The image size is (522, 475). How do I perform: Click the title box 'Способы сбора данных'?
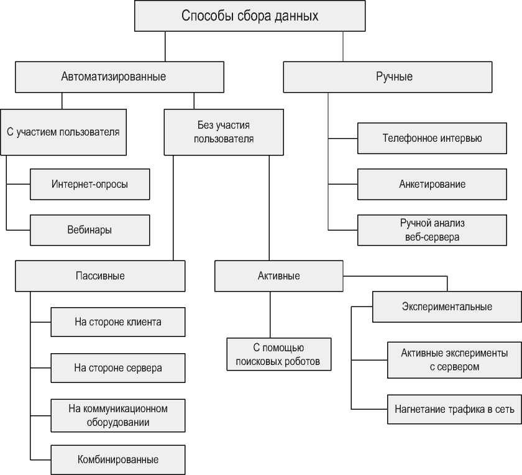(x=250, y=16)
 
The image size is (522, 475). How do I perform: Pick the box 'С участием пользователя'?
(x=63, y=132)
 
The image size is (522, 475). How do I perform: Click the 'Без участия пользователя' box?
(x=224, y=132)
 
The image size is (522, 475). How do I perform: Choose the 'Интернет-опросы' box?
(x=90, y=184)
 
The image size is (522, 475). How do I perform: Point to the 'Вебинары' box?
(x=90, y=229)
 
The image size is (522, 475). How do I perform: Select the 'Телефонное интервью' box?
(x=432, y=138)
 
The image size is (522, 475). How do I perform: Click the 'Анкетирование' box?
(x=432, y=184)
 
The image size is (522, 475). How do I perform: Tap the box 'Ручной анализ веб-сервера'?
(x=432, y=229)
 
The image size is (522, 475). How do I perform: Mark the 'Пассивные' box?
(x=100, y=275)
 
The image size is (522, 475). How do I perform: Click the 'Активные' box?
(x=278, y=275)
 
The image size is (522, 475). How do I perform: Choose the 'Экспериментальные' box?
(x=447, y=307)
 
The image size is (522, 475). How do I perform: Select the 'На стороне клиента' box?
(x=118, y=322)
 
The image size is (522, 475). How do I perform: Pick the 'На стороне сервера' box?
(x=118, y=367)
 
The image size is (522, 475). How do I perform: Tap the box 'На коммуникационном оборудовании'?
(x=118, y=415)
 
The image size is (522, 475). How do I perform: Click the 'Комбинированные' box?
(x=118, y=460)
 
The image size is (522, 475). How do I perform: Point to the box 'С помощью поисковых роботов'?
(x=278, y=354)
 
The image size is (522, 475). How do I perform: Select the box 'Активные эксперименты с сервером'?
(x=454, y=359)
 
